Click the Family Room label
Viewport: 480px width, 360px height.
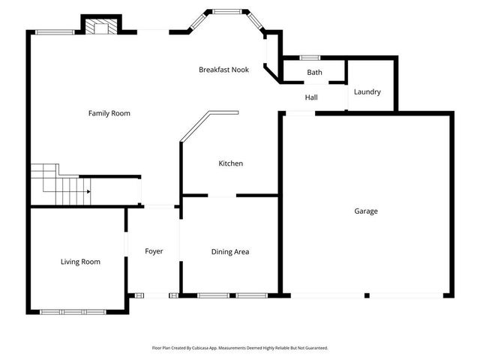(109, 113)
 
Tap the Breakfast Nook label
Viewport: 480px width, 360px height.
(223, 70)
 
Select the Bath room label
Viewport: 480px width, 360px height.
(314, 73)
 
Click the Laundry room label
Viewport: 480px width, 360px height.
(367, 92)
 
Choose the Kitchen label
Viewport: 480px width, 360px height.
(230, 163)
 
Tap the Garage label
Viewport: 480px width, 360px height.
(366, 211)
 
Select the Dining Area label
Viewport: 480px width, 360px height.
(230, 252)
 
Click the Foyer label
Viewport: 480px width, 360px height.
(154, 251)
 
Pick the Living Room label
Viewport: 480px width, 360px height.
(80, 262)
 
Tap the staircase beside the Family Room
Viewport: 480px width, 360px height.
(60, 184)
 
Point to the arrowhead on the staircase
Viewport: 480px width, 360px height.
(88, 192)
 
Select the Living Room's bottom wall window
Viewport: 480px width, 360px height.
(63, 311)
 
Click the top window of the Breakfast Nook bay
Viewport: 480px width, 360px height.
(225, 10)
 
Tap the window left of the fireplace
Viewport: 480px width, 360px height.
(54, 31)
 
